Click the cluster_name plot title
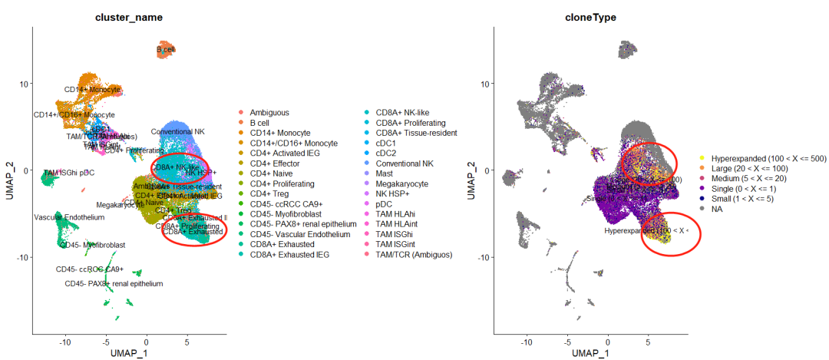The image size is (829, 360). tap(128, 17)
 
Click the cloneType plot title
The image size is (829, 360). tap(588, 17)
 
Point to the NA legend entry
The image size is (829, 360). tap(718, 208)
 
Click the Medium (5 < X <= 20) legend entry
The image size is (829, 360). tap(753, 178)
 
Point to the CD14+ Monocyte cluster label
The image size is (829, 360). tap(92, 90)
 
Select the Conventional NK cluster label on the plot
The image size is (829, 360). tap(177, 132)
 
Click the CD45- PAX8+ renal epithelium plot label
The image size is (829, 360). tap(114, 284)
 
